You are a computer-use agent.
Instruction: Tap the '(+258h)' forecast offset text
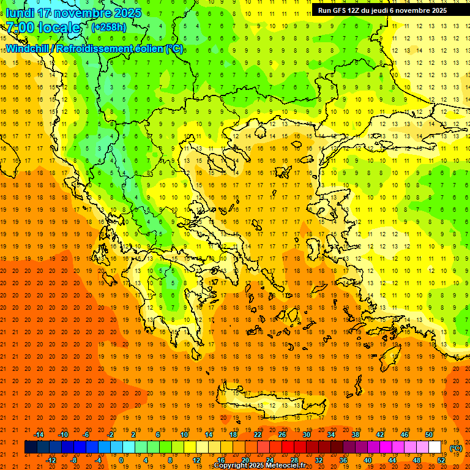[x=109, y=28]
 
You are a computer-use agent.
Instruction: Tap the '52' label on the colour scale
[x=442, y=460]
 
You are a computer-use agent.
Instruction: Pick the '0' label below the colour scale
[x=121, y=460]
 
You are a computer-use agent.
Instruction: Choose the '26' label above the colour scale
[x=282, y=435]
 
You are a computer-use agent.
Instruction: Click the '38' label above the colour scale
[x=355, y=435]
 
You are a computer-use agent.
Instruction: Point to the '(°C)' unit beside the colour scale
[x=456, y=447]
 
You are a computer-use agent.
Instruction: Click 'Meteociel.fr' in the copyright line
[x=286, y=466]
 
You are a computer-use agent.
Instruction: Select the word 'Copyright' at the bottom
[x=230, y=466]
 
